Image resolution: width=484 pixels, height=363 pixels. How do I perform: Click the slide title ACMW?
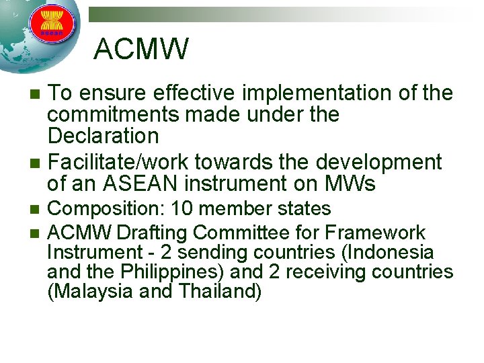[x=142, y=48]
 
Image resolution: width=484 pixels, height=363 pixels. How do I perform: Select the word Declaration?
[x=103, y=136]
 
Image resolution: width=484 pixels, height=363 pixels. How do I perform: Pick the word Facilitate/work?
[x=121, y=162]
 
